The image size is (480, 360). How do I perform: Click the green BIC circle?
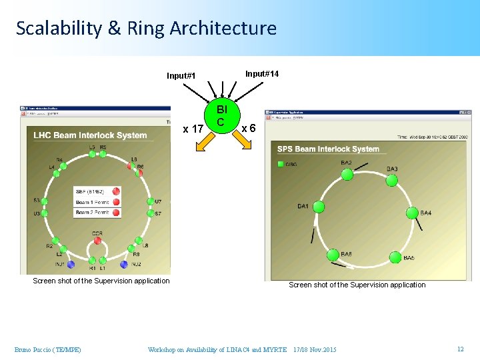click(x=221, y=115)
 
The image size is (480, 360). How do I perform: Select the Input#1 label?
click(x=181, y=75)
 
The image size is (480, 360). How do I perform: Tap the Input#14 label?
click(x=262, y=73)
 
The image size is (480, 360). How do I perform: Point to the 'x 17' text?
click(x=193, y=128)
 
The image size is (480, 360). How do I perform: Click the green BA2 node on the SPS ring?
click(x=346, y=174)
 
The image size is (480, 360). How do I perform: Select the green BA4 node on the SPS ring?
click(x=412, y=213)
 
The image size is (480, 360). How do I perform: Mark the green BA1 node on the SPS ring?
click(x=319, y=207)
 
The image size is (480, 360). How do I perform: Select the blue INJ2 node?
click(x=124, y=265)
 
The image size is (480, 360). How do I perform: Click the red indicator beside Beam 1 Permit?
click(x=116, y=202)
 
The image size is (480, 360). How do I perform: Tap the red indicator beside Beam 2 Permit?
click(x=116, y=213)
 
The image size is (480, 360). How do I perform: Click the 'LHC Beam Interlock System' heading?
click(x=90, y=135)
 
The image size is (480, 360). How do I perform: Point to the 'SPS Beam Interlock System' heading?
click(x=328, y=149)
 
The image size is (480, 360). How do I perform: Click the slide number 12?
click(x=459, y=349)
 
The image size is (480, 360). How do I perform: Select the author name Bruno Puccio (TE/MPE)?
click(x=48, y=350)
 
